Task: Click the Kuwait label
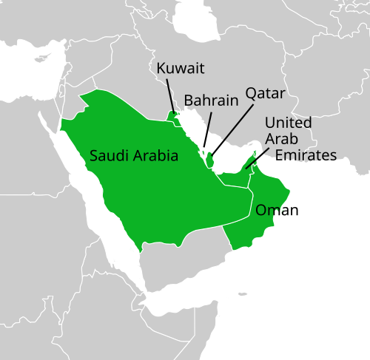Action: point(181,69)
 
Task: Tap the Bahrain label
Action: point(210,100)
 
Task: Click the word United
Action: point(288,122)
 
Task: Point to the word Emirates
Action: point(306,154)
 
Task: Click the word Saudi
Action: point(109,156)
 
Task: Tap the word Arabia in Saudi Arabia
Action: point(156,156)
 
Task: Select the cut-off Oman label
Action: point(270,211)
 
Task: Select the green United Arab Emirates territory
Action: point(237,179)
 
